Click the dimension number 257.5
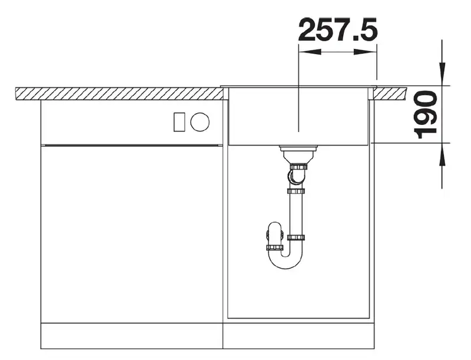338,29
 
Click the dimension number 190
425,115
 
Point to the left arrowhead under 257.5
310,52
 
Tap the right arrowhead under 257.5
365,52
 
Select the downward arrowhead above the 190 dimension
442,73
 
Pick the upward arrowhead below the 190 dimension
442,154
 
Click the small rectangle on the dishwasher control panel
180,122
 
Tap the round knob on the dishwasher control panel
200,122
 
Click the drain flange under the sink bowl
298,148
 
